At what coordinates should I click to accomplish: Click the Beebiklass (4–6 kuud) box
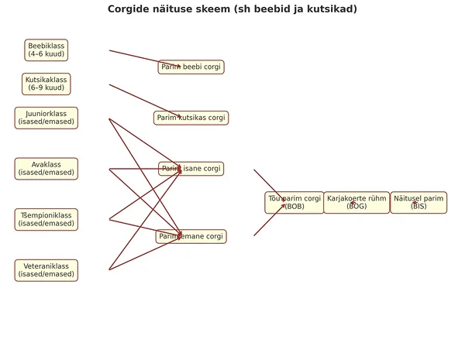pos(46,50)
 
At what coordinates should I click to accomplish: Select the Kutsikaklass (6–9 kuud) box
pos(46,84)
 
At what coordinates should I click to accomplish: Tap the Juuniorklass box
pos(46,118)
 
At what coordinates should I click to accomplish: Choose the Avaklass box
pos(46,169)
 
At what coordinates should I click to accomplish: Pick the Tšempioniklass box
pos(46,219)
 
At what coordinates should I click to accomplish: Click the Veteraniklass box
pos(46,270)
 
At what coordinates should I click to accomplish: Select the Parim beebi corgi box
pos(191,67)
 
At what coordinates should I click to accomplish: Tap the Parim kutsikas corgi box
pos(191,118)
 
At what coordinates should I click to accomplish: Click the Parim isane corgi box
pos(191,169)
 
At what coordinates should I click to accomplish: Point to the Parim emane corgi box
pos(191,236)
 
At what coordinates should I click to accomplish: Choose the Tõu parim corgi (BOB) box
pos(294,202)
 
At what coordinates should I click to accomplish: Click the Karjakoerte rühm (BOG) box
pos(356,202)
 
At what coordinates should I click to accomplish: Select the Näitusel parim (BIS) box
pos(418,202)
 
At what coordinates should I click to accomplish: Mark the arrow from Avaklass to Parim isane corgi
pos(143,169)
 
